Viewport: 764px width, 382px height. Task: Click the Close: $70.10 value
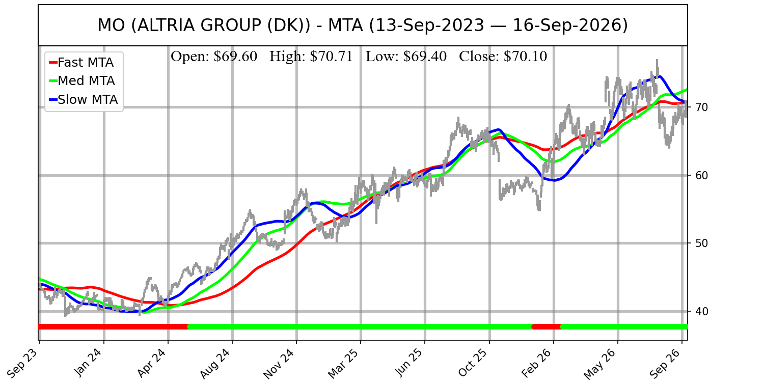tap(503, 57)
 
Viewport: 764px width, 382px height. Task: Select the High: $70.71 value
tap(311, 57)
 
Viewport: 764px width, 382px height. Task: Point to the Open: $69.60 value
tap(214, 57)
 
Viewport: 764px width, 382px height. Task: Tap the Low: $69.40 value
tap(406, 57)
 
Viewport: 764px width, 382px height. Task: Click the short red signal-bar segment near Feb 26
tap(547, 327)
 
